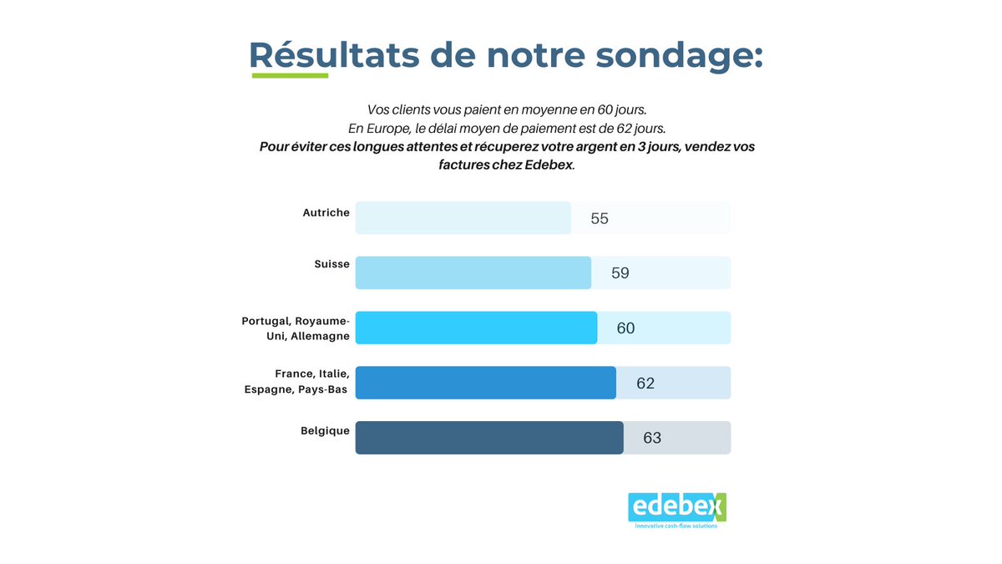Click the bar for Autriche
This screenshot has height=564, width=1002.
tap(463, 218)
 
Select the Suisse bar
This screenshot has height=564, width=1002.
tap(473, 273)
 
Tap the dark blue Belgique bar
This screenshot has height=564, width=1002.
tap(488, 438)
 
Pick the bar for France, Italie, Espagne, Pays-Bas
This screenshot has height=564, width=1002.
tap(485, 383)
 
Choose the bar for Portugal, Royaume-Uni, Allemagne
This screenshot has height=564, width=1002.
tap(476, 328)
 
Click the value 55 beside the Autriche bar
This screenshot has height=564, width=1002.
tap(600, 219)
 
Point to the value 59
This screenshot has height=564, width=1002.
tap(620, 273)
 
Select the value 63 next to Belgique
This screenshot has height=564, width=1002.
tap(652, 438)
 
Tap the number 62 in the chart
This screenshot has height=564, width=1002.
tap(645, 384)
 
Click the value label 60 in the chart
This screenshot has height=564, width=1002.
tap(625, 328)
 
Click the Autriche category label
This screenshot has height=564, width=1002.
tap(326, 213)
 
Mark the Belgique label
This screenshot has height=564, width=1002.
tap(325, 431)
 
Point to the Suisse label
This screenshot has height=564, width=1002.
tap(331, 264)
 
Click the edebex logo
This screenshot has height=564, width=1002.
tap(676, 506)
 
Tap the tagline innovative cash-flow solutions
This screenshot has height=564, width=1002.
tap(676, 526)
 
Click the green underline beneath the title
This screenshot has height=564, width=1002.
tap(290, 76)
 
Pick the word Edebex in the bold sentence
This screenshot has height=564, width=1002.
tap(549, 165)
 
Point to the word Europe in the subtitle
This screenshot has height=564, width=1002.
tap(386, 129)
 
